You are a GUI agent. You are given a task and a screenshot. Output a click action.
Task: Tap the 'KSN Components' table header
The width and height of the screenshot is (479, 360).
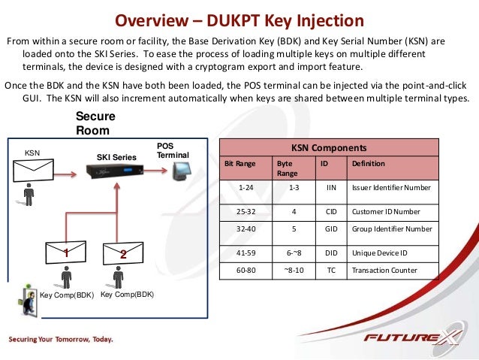(x=328, y=148)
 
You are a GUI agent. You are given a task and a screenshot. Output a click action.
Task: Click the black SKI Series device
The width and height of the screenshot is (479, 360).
(x=116, y=174)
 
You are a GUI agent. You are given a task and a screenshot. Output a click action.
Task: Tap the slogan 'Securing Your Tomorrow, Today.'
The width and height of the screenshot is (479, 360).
(x=61, y=340)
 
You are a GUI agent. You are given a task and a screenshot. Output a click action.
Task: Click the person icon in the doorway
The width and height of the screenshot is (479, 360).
(x=29, y=304)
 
